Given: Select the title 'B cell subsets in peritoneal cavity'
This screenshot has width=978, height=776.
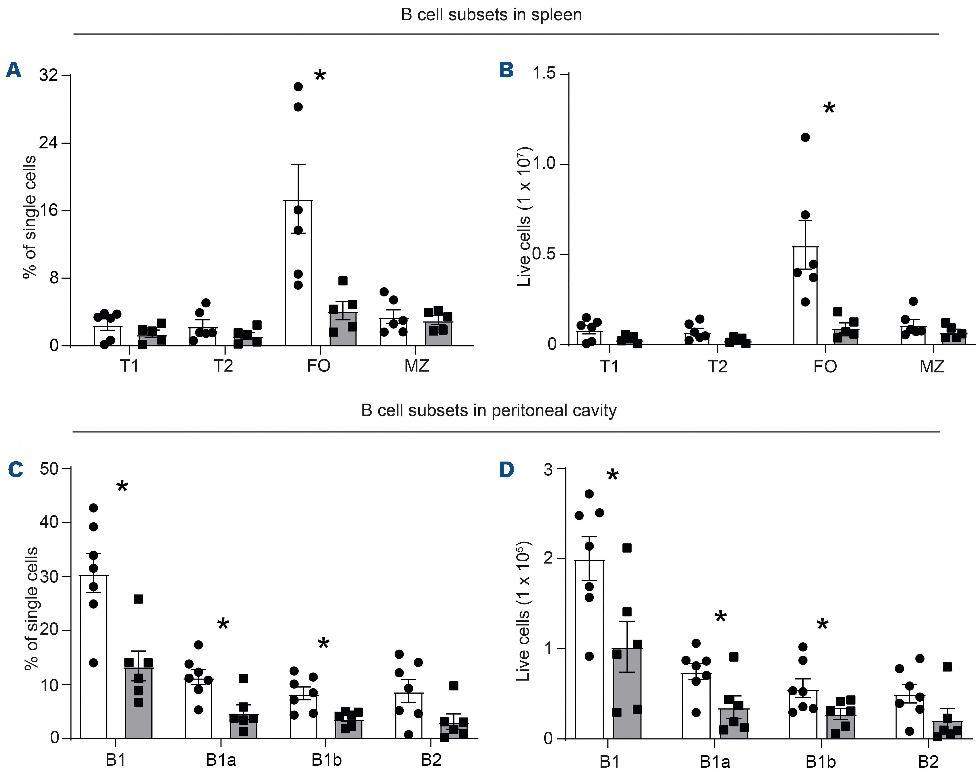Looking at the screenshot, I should click(489, 410).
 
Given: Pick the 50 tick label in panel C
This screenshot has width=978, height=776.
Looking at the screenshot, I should click(49, 469).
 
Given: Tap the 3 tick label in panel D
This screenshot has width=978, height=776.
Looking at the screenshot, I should click(548, 469).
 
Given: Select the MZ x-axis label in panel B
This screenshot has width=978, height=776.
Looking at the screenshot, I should click(932, 366).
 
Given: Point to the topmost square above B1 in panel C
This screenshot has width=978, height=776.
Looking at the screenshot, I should click(138, 599).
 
